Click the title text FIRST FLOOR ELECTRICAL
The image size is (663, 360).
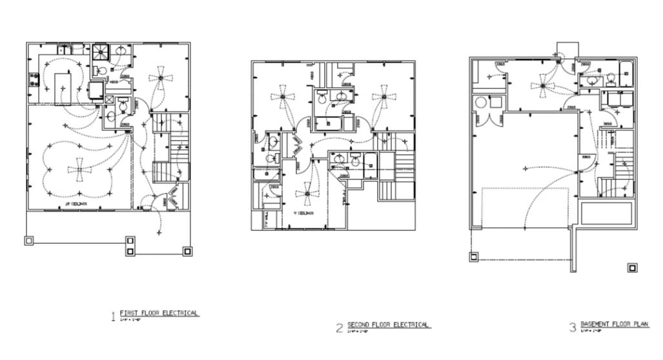[x=159, y=313]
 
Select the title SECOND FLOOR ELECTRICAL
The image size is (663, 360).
[x=389, y=325]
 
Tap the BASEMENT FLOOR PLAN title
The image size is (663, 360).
[x=614, y=324]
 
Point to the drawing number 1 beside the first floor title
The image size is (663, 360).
[x=113, y=317]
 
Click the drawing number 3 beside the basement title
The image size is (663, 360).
[x=572, y=328]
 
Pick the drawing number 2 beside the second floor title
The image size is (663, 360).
[x=339, y=328]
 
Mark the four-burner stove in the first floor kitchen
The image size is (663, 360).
[x=33, y=81]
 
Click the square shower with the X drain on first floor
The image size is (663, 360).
[x=99, y=51]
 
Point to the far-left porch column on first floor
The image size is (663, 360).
[x=28, y=241]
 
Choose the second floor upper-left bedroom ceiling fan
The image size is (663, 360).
[x=283, y=97]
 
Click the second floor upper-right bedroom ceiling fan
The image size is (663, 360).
[x=383, y=97]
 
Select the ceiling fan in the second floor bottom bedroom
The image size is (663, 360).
[x=307, y=194]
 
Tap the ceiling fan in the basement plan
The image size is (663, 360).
[x=543, y=85]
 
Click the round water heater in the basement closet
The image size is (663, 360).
[x=480, y=103]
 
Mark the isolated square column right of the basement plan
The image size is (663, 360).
[x=632, y=267]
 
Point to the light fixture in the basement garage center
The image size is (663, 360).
[x=524, y=169]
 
